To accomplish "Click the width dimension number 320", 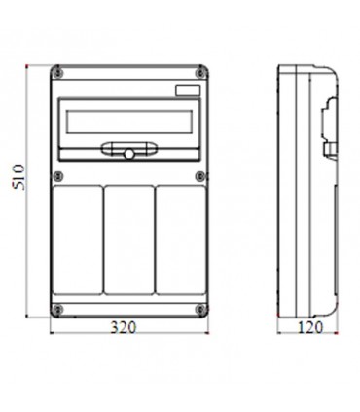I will pos(126,327).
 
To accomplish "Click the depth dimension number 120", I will pos(307,327).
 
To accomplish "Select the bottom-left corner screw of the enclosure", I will pos(59,310).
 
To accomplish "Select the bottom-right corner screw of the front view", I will pos(201,310).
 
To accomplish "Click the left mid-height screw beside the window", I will pos(59,175).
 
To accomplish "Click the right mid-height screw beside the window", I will pos(201,175).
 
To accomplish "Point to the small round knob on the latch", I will pos(126,154).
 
